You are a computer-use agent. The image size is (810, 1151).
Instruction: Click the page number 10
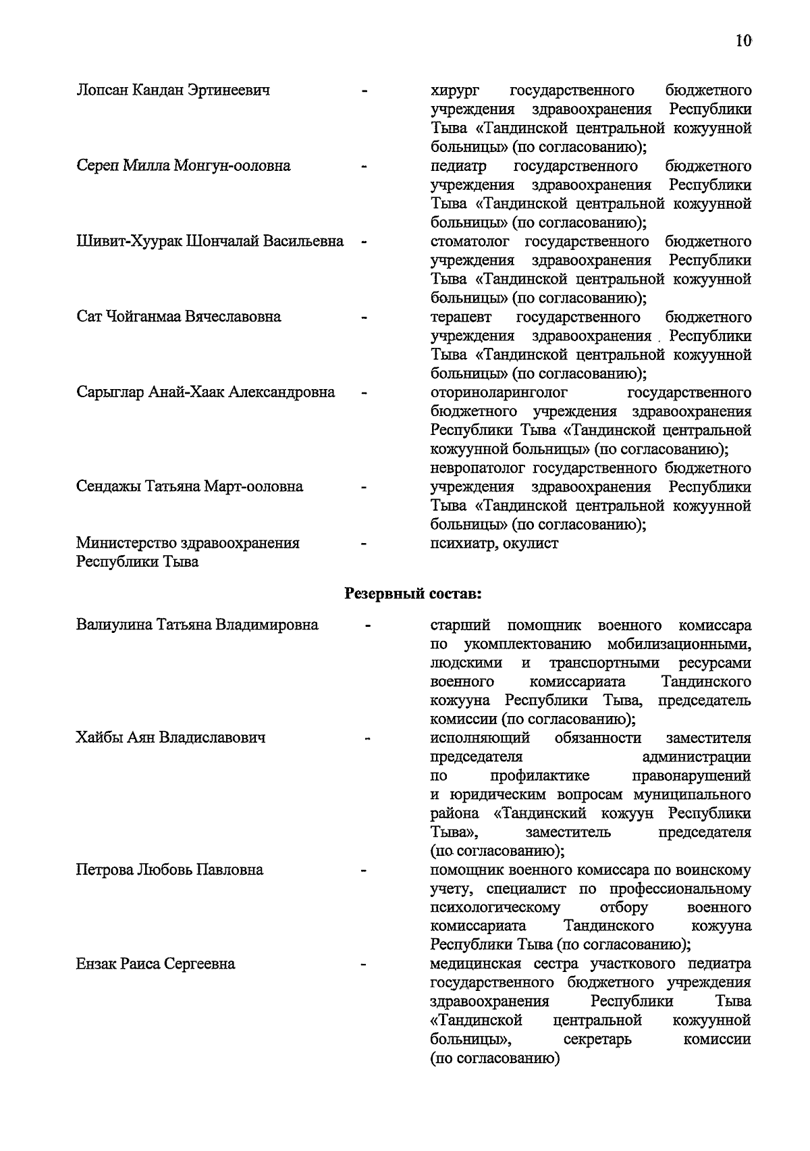click(x=743, y=41)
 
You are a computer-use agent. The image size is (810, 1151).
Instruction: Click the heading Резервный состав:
click(x=413, y=594)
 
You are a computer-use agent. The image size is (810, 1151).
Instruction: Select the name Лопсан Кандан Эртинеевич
click(x=173, y=90)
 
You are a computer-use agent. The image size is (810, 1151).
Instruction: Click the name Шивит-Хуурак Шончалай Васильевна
click(x=210, y=241)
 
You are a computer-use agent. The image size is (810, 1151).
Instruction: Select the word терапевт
click(x=462, y=317)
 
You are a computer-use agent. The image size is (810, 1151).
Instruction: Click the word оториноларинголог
click(x=499, y=392)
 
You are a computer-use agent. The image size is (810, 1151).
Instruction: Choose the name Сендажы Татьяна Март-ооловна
click(x=190, y=486)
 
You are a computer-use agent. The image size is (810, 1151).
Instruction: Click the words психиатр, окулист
click(x=494, y=543)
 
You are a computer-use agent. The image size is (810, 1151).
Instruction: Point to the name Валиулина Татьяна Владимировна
click(x=197, y=625)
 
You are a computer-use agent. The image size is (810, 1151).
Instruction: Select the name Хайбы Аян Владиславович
click(x=171, y=738)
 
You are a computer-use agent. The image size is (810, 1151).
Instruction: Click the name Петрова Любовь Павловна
click(x=169, y=869)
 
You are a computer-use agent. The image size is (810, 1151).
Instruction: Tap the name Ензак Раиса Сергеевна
click(x=156, y=964)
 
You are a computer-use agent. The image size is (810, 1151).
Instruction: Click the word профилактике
click(x=540, y=775)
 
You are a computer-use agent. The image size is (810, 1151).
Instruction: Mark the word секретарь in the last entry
click(x=597, y=1039)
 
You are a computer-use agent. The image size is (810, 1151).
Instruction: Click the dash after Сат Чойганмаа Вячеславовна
click(x=364, y=317)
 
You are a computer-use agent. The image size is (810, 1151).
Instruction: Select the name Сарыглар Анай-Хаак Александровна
click(x=206, y=392)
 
